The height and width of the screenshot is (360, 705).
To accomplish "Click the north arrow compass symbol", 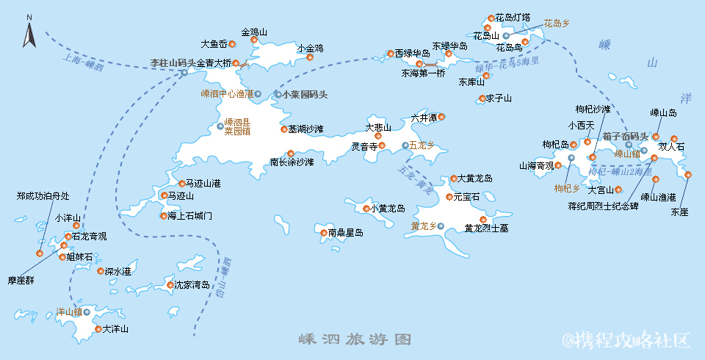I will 29,34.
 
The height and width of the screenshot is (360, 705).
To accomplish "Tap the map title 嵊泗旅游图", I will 354,339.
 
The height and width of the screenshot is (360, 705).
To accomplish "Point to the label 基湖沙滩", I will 305,129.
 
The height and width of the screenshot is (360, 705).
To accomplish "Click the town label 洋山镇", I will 69,312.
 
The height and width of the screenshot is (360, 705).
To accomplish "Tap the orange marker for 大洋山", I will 98,329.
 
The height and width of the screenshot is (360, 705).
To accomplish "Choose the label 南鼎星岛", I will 346,233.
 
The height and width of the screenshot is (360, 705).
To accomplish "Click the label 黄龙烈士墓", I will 486,228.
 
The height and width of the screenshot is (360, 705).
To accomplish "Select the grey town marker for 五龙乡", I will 405,145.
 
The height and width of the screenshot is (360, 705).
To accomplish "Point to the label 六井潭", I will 424,117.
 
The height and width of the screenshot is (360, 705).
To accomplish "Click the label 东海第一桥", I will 423,73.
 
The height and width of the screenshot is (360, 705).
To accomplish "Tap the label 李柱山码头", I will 173,63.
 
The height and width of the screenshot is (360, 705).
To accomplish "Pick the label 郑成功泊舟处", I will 43,196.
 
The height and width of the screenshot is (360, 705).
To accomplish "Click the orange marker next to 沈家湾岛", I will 170,285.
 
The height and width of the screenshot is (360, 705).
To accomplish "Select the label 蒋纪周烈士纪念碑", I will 603,206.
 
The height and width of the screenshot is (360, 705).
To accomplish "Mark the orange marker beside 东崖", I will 688,175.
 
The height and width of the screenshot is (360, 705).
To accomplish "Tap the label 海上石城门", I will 190,216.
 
